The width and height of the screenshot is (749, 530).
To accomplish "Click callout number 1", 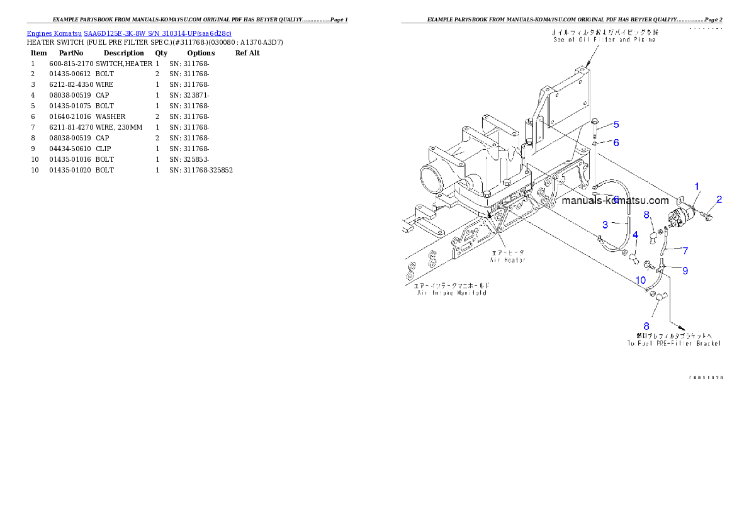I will (697, 186).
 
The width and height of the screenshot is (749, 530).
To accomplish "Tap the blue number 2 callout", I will (719, 199).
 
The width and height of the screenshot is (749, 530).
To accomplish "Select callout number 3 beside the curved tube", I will (605, 224).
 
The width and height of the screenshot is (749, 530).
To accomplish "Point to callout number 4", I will (636, 235).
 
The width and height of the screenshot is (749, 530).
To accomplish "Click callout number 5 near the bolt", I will (616, 125).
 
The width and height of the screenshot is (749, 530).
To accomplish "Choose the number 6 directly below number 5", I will (616, 143).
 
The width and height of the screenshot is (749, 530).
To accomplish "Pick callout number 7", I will (685, 251).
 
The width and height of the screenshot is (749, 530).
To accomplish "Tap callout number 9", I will (685, 271).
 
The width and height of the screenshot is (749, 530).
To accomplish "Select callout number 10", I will (640, 280).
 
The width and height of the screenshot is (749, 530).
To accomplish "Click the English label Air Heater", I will (508, 259).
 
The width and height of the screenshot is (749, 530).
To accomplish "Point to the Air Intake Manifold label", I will (451, 292).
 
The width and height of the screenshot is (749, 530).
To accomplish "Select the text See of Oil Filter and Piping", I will (604, 39).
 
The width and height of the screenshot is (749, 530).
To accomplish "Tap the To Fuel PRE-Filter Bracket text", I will (673, 343).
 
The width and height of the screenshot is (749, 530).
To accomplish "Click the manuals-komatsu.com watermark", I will (615, 201).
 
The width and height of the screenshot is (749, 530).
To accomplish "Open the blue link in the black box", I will (129, 33).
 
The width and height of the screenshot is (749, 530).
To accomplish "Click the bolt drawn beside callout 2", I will (707, 216).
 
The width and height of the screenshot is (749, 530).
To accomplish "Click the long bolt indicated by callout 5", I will (594, 129).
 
